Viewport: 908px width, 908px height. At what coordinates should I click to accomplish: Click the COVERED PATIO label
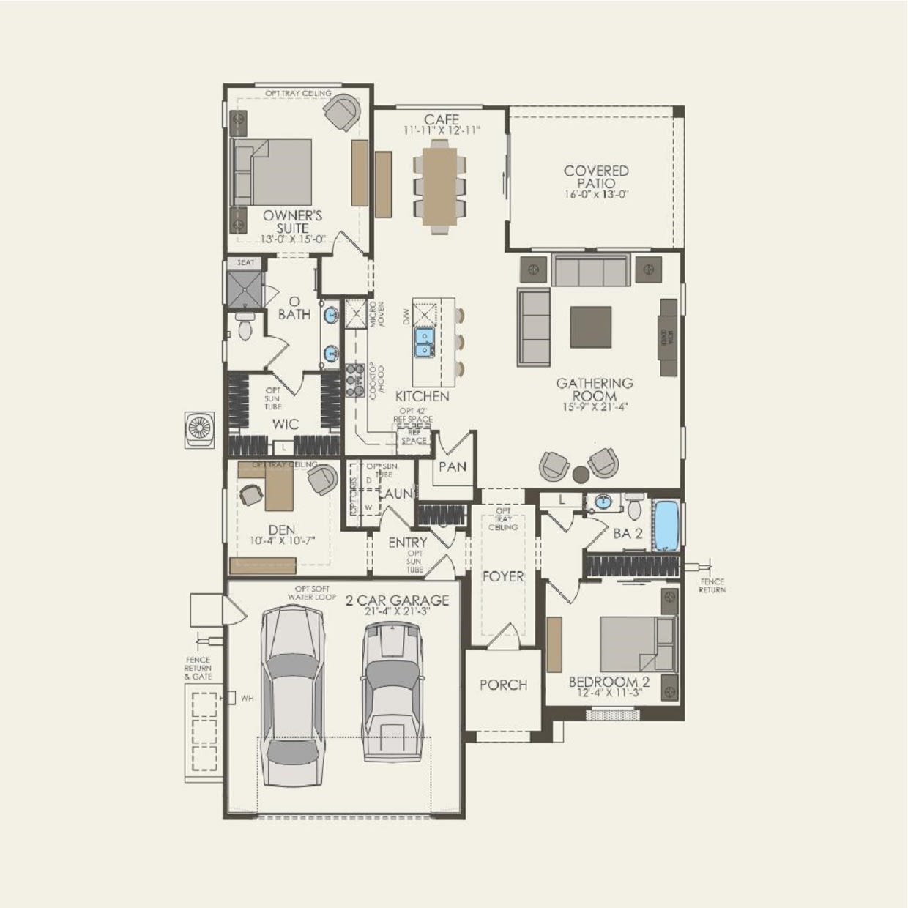pos(596,177)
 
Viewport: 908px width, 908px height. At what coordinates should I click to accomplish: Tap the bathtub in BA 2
pos(666,524)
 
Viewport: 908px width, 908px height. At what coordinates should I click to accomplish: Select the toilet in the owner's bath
pos(245,327)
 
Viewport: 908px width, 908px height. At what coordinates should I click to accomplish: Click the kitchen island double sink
pos(425,342)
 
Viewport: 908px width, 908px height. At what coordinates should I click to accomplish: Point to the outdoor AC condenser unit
pos(199,429)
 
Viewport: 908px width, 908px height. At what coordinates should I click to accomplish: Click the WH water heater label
pos(247,698)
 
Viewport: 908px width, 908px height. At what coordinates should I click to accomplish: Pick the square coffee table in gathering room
pos(591,327)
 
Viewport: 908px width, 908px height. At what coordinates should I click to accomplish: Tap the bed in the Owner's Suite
pos(272,172)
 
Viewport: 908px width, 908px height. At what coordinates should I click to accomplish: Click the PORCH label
pos(503,685)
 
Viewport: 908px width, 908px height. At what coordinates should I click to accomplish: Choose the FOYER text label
pos(503,576)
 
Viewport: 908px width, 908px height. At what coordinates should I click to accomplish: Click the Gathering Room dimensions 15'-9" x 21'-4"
pos(594,406)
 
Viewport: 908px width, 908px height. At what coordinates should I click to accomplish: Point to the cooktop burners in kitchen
pos(355,375)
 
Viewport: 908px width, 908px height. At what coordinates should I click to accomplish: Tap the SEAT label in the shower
pos(245,262)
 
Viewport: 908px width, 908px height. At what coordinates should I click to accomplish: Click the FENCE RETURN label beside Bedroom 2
pos(711,585)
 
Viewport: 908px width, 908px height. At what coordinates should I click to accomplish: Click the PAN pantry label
pos(453,466)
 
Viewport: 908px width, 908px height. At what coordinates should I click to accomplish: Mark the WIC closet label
pos(285,424)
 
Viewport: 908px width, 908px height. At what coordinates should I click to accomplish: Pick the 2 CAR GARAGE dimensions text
pos(396,611)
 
